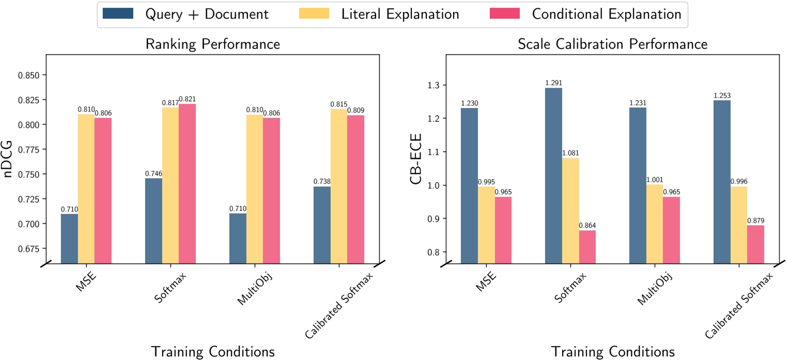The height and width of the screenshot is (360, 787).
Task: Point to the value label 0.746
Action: click(153, 174)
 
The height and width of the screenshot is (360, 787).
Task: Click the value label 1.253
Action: click(722, 96)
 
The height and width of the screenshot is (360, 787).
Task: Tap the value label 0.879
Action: click(755, 221)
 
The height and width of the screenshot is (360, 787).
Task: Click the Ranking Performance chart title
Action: click(212, 44)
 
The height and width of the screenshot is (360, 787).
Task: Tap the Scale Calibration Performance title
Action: click(612, 44)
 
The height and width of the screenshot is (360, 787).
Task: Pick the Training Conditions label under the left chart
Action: click(212, 351)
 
